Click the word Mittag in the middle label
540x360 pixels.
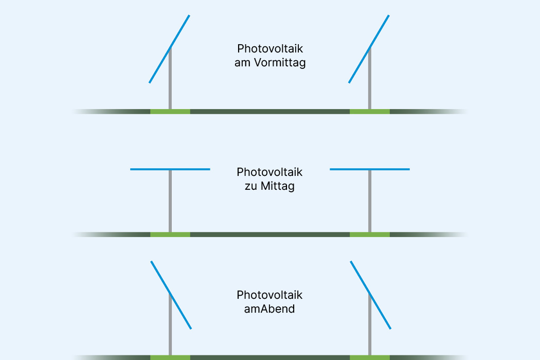pos(277,186)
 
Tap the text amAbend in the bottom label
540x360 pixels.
pos(269,309)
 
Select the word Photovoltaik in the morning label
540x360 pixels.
pos(269,49)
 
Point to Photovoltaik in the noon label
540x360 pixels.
pos(269,172)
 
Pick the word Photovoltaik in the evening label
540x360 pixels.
pos(269,295)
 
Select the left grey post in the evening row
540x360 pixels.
pos(170,329)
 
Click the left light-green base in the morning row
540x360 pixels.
pos(170,111)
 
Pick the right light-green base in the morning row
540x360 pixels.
pos(370,111)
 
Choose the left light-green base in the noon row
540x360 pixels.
pos(170,235)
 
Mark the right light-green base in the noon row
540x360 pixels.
pos(370,235)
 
